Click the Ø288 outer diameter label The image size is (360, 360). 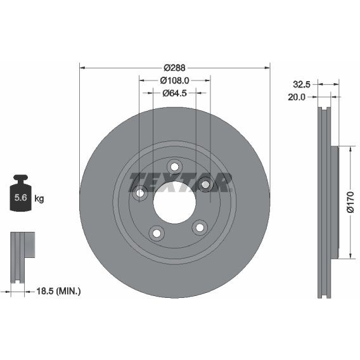coord(174,68)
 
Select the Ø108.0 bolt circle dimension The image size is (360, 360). coord(174,80)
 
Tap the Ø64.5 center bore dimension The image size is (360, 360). coord(174,93)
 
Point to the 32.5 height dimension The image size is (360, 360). coord(302,84)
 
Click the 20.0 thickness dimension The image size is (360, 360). coord(297,97)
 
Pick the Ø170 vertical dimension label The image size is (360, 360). coord(350,202)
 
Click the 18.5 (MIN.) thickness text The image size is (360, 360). coord(59,292)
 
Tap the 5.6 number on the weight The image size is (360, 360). coord(21,198)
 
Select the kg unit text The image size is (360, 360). coord(39,198)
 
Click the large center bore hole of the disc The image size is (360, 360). coord(174,203)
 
